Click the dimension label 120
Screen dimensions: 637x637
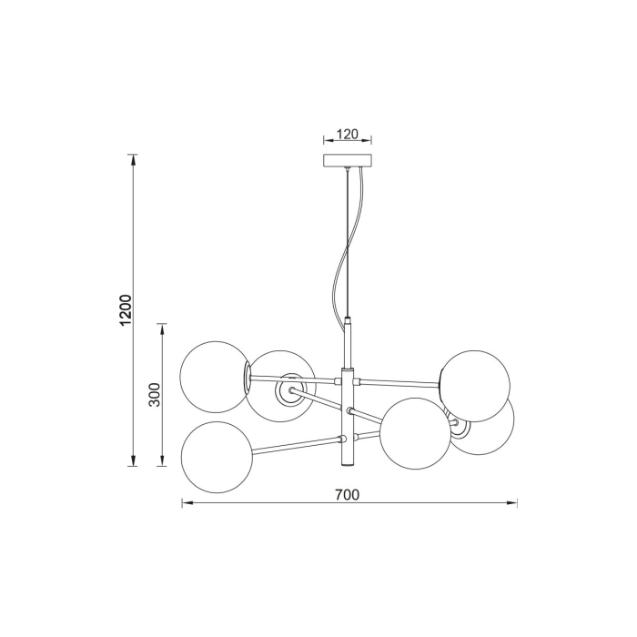pos(348,134)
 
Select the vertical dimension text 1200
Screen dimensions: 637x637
pos(126,309)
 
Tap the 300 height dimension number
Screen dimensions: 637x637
pos(155,394)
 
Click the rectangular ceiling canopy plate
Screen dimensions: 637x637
pos(348,160)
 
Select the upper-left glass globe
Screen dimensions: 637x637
pos(214,377)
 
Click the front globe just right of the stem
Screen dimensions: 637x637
pos(415,434)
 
